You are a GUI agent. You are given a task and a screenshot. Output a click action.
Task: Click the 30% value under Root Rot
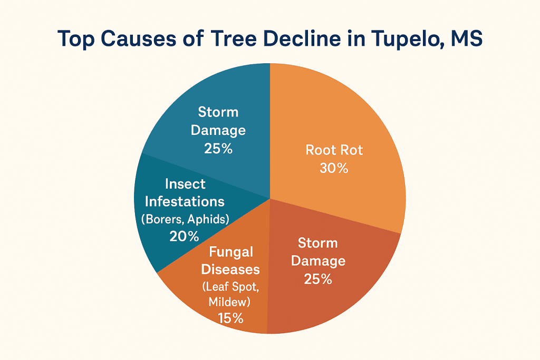[x=334, y=168]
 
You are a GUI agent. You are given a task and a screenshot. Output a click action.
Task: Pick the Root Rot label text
[x=334, y=150]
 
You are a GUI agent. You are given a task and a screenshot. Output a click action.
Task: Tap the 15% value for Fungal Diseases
[x=230, y=318]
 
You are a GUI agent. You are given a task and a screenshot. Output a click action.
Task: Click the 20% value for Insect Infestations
[x=184, y=236]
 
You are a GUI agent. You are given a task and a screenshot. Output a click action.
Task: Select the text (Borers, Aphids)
[x=185, y=219]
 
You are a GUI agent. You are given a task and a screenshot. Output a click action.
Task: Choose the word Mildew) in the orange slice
[x=229, y=302]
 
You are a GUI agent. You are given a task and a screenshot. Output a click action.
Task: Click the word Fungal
[x=230, y=252]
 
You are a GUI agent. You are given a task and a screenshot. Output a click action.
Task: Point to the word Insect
[x=185, y=184]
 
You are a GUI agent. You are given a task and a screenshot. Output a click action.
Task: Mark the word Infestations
[x=185, y=201]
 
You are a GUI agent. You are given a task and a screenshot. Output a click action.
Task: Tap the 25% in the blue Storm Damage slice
[x=218, y=148]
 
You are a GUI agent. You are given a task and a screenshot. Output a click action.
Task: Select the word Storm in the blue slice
[x=218, y=112]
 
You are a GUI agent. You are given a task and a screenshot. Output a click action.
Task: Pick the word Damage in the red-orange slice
[x=318, y=260]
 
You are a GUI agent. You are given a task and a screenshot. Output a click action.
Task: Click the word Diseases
[x=230, y=269]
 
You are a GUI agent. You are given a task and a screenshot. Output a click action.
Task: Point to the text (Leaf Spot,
[x=230, y=287]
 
